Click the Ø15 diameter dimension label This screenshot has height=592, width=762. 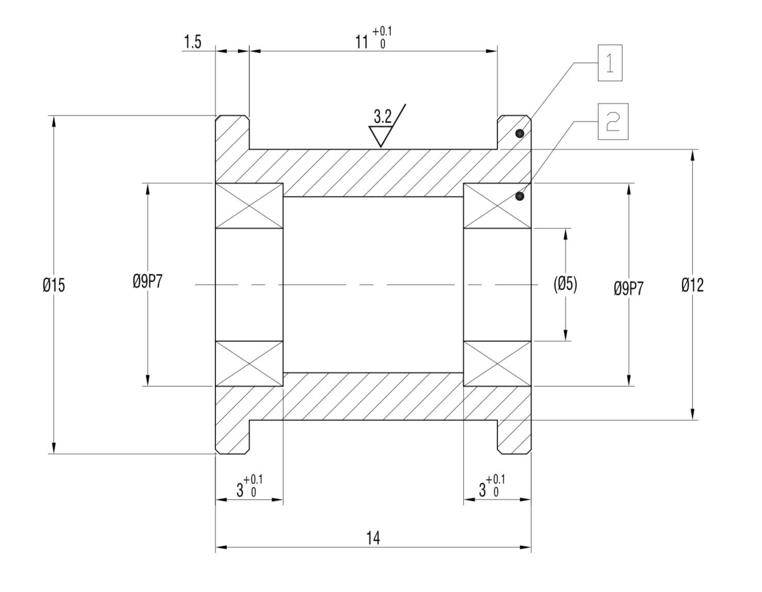tap(54, 285)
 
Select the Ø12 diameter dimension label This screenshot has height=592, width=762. tap(692, 285)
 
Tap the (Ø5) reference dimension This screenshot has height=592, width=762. tap(565, 284)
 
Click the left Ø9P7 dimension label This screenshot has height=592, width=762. tap(147, 281)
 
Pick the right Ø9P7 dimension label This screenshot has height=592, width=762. tap(628, 288)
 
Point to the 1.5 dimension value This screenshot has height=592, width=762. tap(192, 42)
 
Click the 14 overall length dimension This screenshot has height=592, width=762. tap(373, 538)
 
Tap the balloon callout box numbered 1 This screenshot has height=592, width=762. tap(610, 63)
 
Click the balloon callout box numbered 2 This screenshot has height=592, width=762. tap(613, 122)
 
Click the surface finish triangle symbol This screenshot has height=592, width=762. tap(381, 136)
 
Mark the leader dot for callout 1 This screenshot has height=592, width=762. tap(520, 134)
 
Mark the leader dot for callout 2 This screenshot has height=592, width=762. tap(520, 196)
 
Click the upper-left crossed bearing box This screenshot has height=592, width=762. tap(249, 205)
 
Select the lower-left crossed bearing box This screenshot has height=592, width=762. tap(249, 364)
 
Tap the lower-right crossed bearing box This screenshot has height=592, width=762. tap(497, 364)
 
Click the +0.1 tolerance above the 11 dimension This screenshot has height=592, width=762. tap(382, 32)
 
